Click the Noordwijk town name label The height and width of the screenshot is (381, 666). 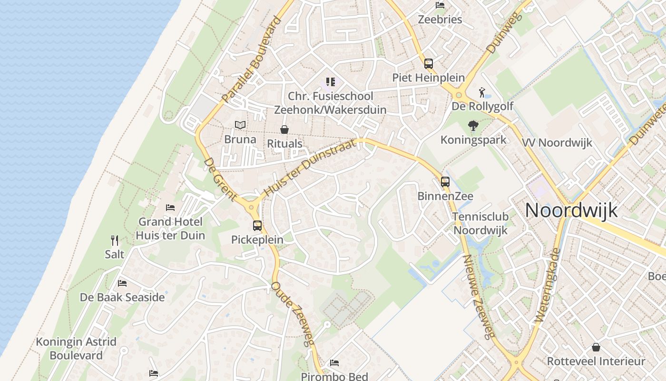click(x=571, y=210)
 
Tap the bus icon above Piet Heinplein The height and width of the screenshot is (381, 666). click(x=429, y=63)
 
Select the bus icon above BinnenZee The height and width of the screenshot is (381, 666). click(x=445, y=181)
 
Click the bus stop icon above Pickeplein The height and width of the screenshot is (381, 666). click(x=257, y=225)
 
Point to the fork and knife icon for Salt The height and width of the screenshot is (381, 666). click(x=115, y=240)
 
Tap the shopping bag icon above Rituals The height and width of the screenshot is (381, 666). click(x=284, y=130)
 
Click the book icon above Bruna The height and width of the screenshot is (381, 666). click(x=240, y=125)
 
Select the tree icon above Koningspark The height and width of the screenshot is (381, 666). click(x=473, y=126)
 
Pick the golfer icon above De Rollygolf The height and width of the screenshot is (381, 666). click(x=482, y=92)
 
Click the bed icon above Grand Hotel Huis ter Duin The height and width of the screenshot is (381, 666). click(x=170, y=208)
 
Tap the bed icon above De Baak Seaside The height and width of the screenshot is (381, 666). click(x=122, y=283)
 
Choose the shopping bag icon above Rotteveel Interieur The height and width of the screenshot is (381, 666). click(x=596, y=347)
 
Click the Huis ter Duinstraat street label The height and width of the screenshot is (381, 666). click(x=310, y=167)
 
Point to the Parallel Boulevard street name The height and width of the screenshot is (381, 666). click(x=252, y=60)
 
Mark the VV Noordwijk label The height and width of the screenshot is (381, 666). click(x=557, y=142)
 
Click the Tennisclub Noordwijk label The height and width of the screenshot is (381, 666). click(x=480, y=223)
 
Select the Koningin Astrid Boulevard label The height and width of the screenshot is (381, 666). click(x=76, y=349)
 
